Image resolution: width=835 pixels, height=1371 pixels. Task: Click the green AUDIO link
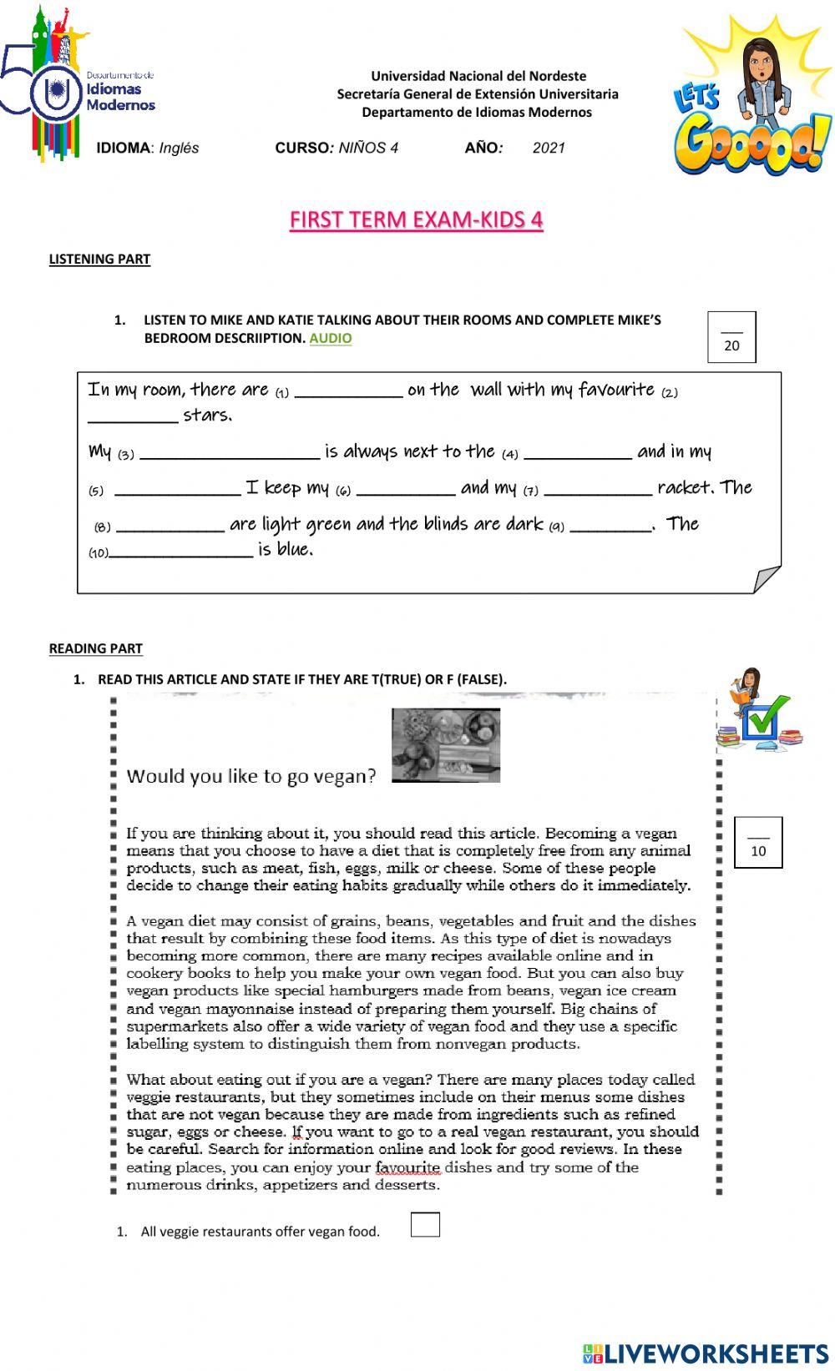330,338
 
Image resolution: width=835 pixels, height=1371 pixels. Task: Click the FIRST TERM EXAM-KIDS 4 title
416,219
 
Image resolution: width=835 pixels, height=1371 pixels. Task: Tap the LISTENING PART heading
99,259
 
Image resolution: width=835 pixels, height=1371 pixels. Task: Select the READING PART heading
95,648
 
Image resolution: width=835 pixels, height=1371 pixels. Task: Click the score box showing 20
731,337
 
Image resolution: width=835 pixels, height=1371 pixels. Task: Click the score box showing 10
757,843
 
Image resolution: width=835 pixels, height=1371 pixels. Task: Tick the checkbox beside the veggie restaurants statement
425,1225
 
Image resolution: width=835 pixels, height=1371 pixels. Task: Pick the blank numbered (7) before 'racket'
597,490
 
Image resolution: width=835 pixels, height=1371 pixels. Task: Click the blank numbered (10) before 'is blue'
180,552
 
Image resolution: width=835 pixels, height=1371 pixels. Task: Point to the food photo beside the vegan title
446,745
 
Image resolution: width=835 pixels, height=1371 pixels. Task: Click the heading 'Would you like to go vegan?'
251,776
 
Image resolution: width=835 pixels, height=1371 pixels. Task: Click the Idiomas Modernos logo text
121,97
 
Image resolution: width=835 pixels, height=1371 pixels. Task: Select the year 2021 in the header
549,148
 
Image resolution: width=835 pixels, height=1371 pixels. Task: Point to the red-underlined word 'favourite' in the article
407,1167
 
